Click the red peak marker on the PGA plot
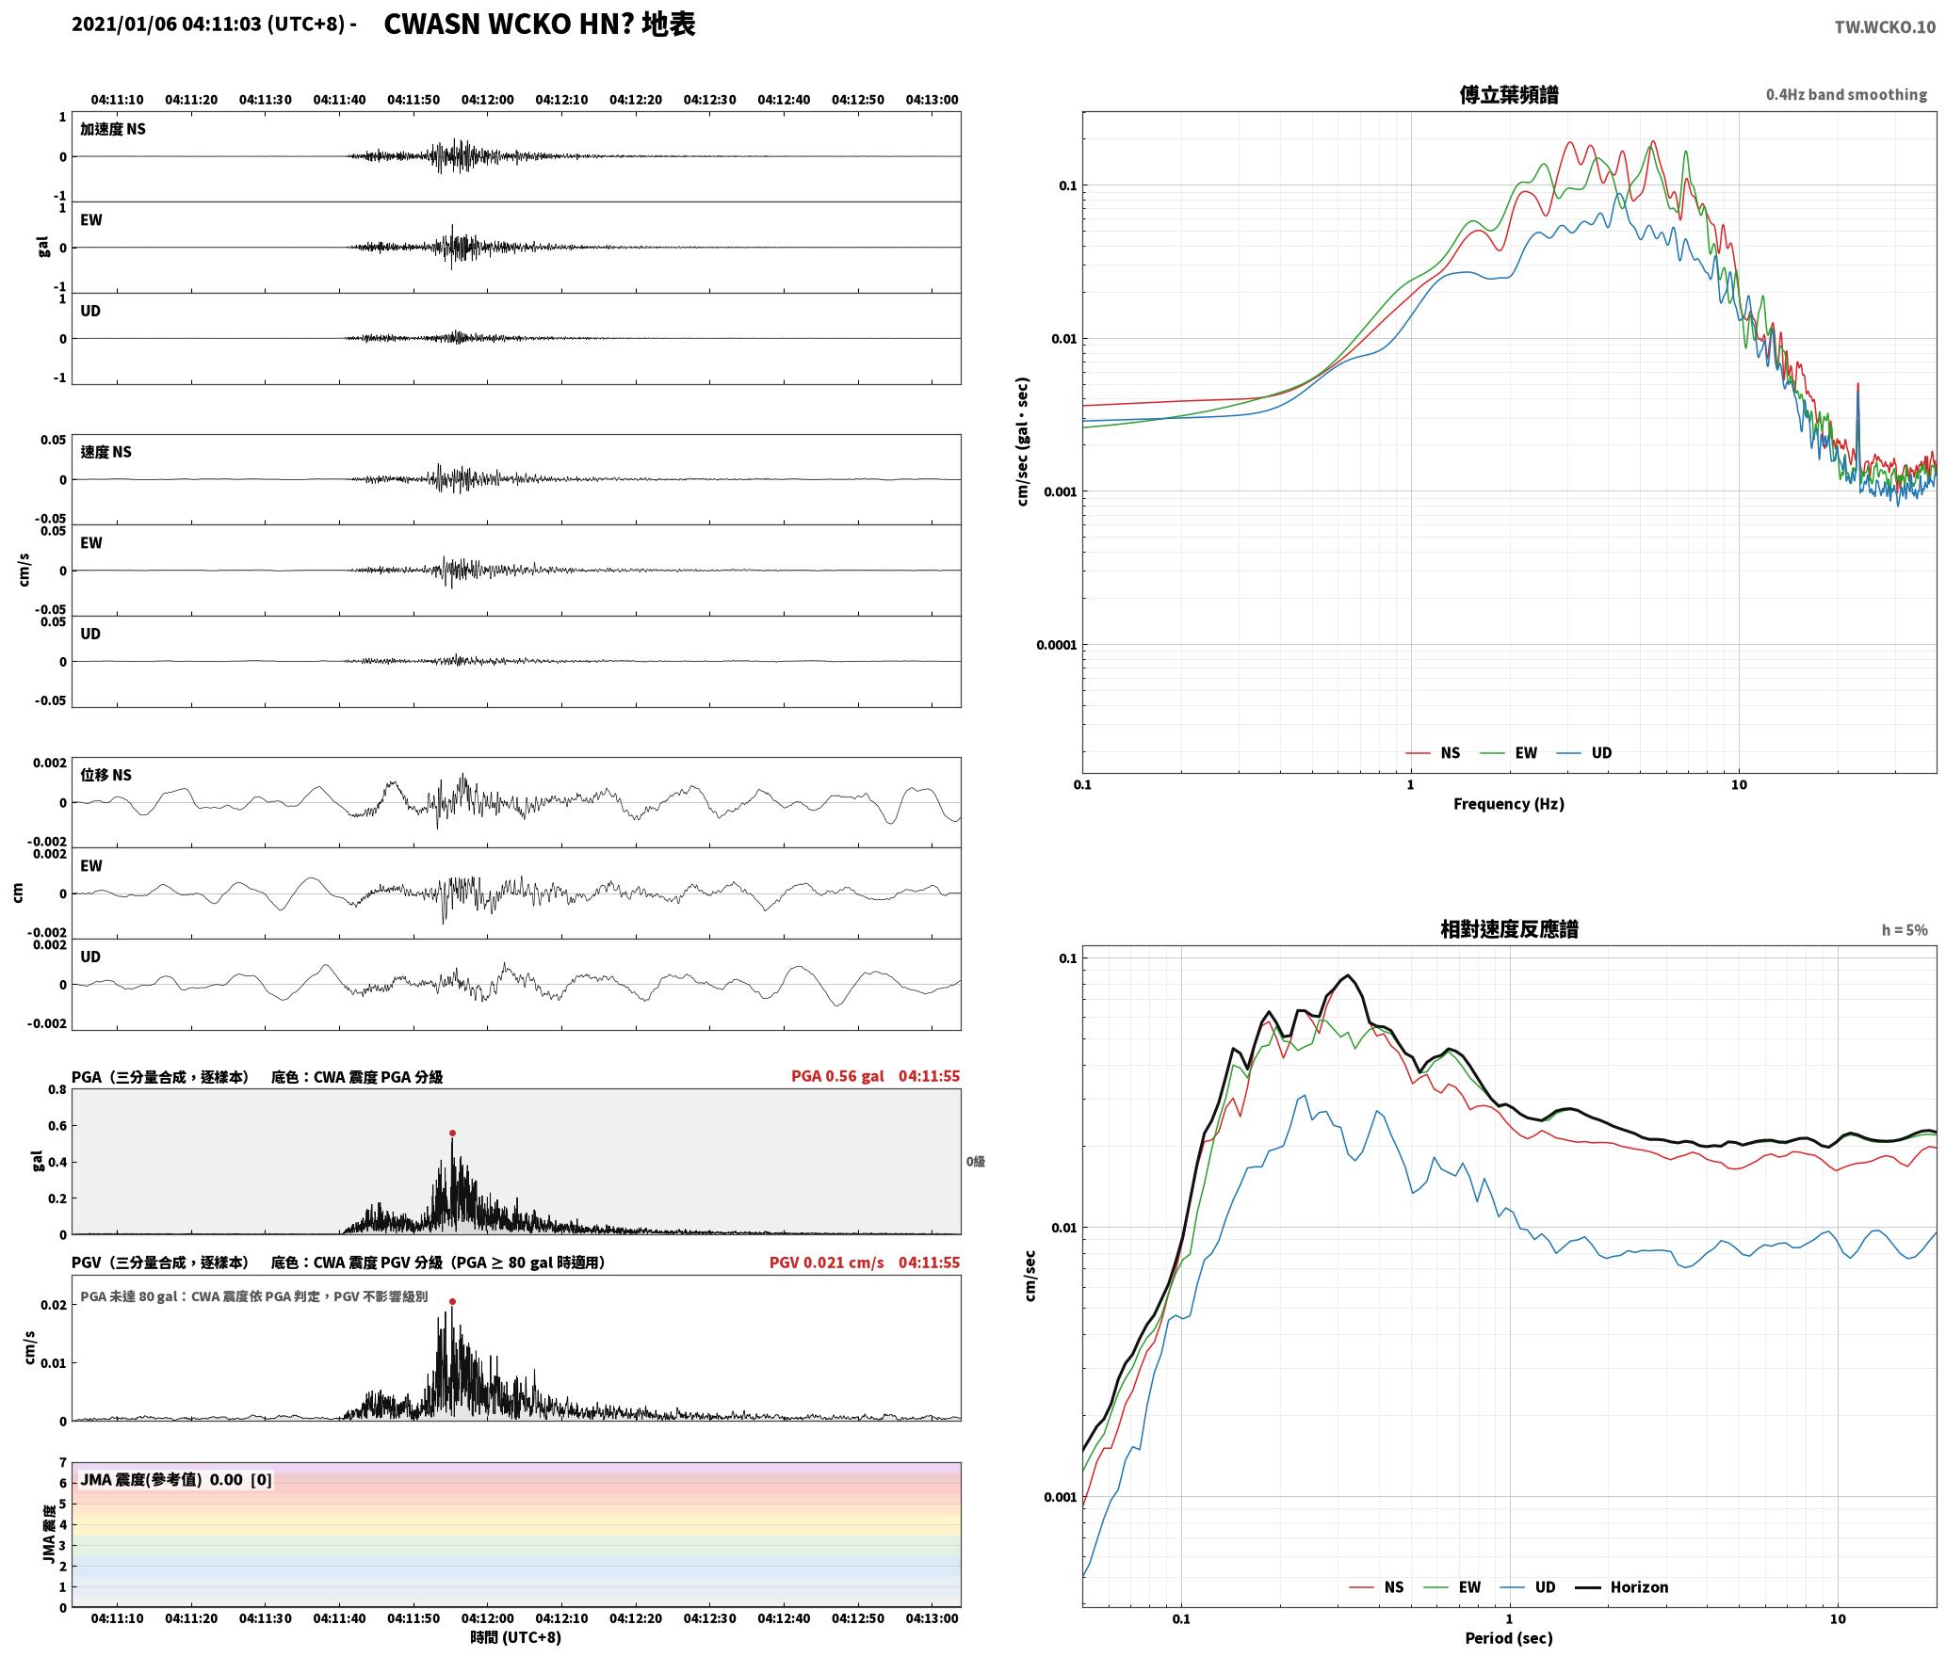tap(452, 1134)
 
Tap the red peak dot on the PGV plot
tap(452, 1302)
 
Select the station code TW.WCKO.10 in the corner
tap(1885, 27)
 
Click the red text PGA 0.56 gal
tap(837, 1076)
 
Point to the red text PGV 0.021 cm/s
tap(826, 1263)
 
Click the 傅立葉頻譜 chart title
tap(1509, 95)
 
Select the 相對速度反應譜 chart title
tap(1509, 929)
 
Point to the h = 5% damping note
tap(1905, 930)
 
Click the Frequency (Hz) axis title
tap(1509, 804)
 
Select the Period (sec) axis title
tap(1509, 1638)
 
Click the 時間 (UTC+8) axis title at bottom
tap(516, 1637)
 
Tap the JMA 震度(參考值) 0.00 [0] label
tap(176, 1480)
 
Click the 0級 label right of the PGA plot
tap(975, 1162)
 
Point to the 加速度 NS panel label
tap(113, 129)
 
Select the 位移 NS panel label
tap(106, 775)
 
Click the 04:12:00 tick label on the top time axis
tap(488, 100)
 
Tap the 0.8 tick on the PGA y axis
tap(57, 1090)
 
